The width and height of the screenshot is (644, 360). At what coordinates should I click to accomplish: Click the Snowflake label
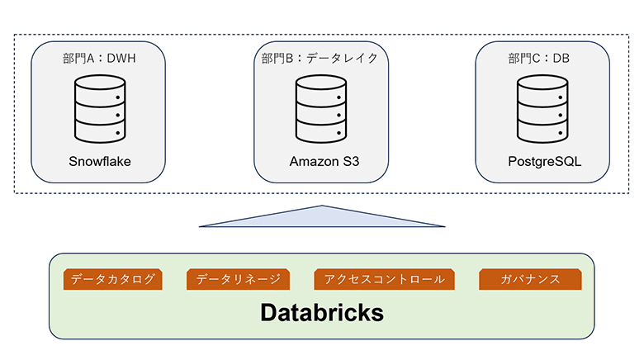click(99, 160)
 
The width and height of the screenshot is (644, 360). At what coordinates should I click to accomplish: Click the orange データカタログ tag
click(113, 280)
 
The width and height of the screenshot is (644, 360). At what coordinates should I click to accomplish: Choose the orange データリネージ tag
click(239, 280)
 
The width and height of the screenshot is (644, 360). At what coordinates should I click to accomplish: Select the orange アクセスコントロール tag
click(385, 280)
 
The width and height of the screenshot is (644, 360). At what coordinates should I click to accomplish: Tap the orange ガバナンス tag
click(530, 280)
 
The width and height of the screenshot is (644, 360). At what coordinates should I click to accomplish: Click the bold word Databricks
click(322, 313)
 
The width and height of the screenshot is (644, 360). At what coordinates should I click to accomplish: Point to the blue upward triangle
click(321, 216)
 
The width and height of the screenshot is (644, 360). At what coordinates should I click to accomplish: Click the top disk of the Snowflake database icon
click(99, 88)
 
